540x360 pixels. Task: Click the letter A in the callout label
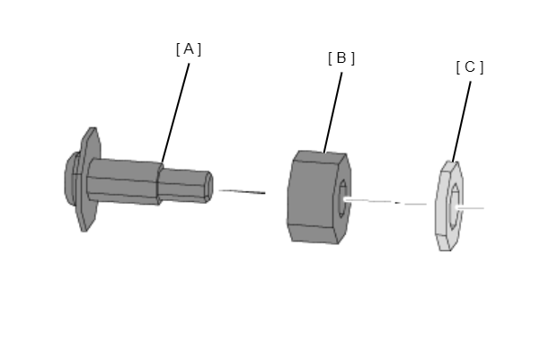click(189, 49)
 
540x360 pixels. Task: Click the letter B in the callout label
click(341, 58)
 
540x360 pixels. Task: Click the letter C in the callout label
click(470, 67)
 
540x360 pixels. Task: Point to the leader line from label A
click(175, 113)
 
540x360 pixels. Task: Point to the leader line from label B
click(333, 112)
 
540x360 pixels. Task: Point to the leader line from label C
click(462, 122)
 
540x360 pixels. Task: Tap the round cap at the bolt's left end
click(71, 179)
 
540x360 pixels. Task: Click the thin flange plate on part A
click(89, 179)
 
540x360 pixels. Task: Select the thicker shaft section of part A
click(123, 181)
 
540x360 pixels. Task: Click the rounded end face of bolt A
click(209, 187)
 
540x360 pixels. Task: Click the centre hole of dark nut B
click(342, 199)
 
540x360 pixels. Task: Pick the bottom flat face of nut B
click(314, 233)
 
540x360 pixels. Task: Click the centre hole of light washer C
click(455, 206)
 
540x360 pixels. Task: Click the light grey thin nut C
click(448, 206)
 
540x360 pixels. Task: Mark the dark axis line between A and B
click(242, 191)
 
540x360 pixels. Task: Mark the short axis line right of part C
click(470, 208)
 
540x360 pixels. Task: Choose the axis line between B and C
click(385, 202)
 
